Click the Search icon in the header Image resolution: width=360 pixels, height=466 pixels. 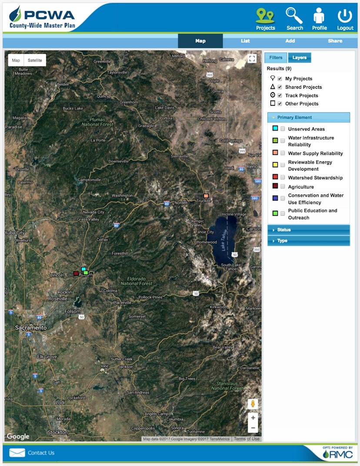(294, 16)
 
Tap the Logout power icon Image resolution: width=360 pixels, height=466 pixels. (345, 16)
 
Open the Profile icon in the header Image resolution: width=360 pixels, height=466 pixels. (319, 16)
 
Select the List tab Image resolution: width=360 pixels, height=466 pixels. (245, 41)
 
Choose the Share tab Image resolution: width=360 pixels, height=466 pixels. (335, 41)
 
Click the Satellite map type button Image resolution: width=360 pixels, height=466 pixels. (35, 60)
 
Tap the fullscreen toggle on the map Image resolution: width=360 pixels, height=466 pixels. (252, 59)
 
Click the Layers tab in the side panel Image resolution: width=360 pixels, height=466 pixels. (299, 57)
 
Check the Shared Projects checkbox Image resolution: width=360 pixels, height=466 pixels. (280, 87)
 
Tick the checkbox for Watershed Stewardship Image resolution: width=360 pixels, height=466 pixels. (283, 178)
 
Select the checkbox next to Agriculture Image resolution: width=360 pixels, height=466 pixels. (283, 187)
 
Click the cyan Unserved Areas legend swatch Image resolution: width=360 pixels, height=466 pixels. (275, 128)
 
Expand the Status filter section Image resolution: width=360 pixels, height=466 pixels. (308, 230)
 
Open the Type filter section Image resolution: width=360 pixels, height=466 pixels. (308, 241)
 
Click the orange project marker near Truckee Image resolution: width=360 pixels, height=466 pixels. (206, 196)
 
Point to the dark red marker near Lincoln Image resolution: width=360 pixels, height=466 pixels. (76, 274)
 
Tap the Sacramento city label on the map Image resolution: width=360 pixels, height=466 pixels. (30, 328)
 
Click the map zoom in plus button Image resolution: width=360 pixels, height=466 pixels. (253, 418)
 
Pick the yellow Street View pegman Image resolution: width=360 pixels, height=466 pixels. (253, 404)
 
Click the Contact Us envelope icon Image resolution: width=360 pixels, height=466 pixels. (17, 453)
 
